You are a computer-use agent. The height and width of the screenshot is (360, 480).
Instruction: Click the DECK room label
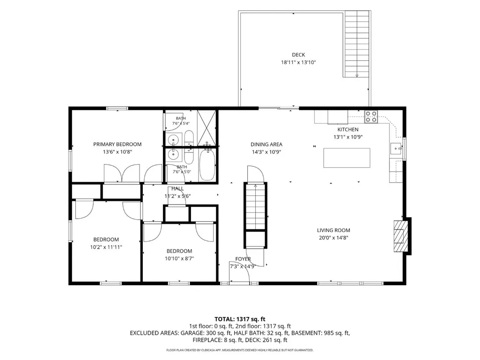(298, 55)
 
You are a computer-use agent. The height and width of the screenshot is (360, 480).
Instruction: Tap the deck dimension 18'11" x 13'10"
(298, 62)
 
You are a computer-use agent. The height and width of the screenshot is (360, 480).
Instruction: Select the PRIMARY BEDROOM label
(117, 144)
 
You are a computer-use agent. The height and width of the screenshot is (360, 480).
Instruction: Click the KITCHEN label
(348, 130)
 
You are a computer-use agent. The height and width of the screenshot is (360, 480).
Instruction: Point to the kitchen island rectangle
(347, 158)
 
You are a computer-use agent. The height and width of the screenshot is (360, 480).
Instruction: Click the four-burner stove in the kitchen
(371, 117)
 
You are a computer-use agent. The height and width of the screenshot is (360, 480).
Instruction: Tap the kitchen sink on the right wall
(396, 149)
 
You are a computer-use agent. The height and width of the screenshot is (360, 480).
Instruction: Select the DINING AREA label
(266, 144)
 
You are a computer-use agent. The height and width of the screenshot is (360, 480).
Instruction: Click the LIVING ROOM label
(333, 230)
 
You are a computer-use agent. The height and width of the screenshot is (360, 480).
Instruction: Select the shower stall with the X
(207, 128)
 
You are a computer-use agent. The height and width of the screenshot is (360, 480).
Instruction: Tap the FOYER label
(243, 259)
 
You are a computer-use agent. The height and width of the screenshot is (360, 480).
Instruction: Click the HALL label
(177, 189)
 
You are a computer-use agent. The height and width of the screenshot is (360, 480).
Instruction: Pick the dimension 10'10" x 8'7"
(179, 259)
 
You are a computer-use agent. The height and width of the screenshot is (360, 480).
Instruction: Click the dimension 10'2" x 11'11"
(106, 247)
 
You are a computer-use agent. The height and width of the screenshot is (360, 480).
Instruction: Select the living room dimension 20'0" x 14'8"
(334, 238)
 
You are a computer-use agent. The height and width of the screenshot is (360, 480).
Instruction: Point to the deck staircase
(357, 44)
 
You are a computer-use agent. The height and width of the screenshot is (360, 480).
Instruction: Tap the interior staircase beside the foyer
(255, 206)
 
